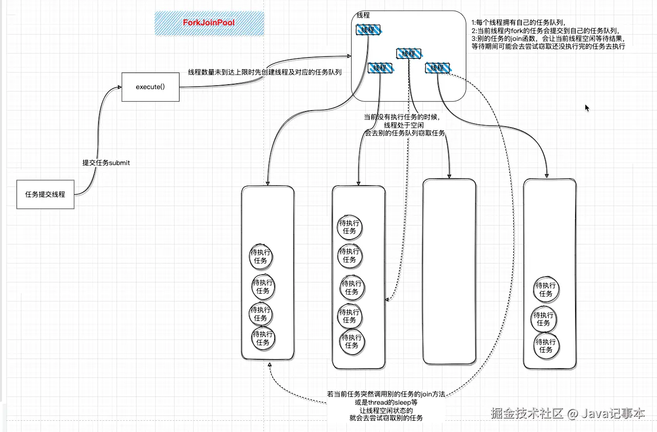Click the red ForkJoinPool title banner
tap(209, 23)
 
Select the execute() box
tap(150, 87)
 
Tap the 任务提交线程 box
tap(45, 194)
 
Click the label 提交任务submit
tap(106, 163)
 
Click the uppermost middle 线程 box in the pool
tap(409, 54)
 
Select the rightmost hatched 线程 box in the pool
tap(438, 68)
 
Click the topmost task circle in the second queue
tap(350, 227)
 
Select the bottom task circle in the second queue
tap(352, 341)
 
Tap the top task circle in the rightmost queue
tap(546, 290)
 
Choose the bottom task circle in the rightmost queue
tap(546, 346)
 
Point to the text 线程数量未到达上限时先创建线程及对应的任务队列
tap(265, 72)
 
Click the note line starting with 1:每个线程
tap(518, 22)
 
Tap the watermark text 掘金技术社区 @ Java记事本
tap(568, 413)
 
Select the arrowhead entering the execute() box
tap(119, 87)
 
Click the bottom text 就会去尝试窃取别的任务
tap(386, 418)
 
